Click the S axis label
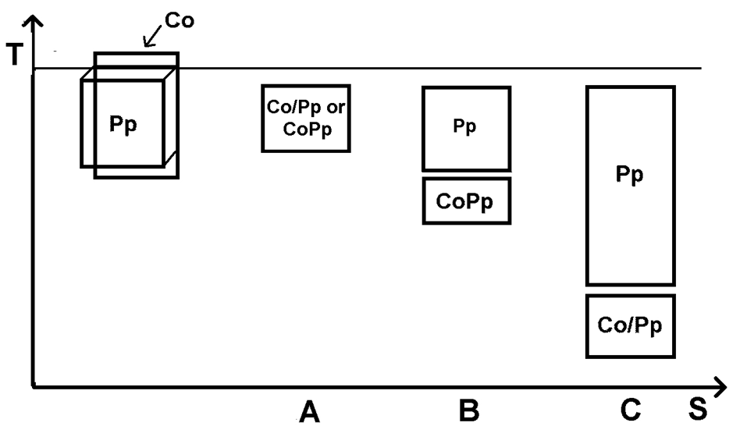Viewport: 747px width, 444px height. click(698, 410)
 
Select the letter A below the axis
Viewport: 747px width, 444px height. click(310, 411)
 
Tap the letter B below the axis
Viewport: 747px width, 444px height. click(468, 410)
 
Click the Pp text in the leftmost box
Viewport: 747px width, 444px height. click(123, 125)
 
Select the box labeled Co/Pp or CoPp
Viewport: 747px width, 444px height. click(305, 118)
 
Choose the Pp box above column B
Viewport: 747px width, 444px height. click(466, 128)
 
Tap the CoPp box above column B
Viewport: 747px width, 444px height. click(466, 201)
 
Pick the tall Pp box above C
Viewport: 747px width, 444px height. click(630, 186)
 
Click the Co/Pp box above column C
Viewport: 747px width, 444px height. click(630, 325)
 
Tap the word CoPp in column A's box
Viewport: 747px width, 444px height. click(305, 129)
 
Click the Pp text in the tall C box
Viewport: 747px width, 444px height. click(630, 175)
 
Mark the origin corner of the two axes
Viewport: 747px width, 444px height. click(34, 385)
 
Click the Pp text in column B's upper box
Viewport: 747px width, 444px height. click(465, 127)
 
